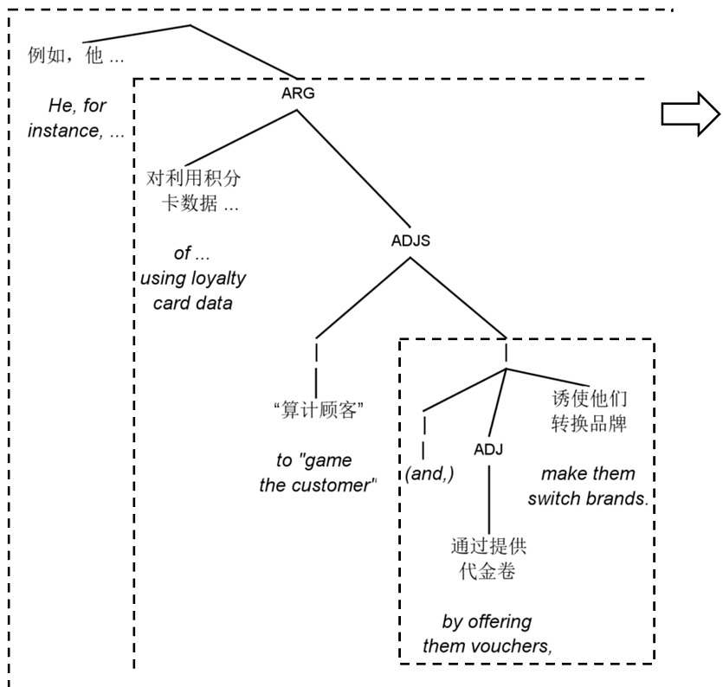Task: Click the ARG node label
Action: (297, 94)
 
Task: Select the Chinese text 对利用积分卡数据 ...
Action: (194, 191)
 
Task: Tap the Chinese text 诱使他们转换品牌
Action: (589, 412)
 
